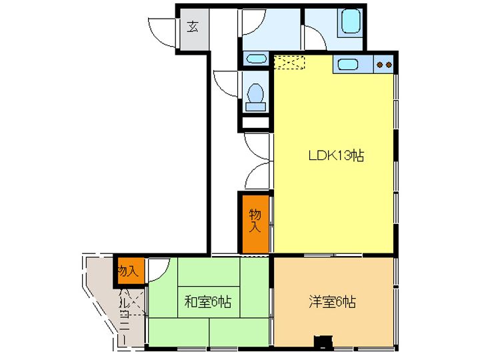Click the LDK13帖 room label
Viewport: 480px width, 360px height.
[335, 156]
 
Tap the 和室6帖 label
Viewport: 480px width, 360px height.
[207, 302]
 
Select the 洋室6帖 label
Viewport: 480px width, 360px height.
[332, 302]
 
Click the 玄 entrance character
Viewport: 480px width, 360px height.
[192, 27]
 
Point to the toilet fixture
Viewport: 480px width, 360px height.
[255, 95]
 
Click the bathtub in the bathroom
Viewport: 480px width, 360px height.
[351, 23]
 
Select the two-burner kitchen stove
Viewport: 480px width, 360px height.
[384, 65]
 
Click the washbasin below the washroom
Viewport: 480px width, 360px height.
[255, 59]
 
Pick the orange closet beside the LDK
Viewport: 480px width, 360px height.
[255, 223]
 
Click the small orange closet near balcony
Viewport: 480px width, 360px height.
[128, 270]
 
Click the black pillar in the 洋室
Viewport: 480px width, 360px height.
[323, 341]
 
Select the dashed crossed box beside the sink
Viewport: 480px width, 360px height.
[289, 62]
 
